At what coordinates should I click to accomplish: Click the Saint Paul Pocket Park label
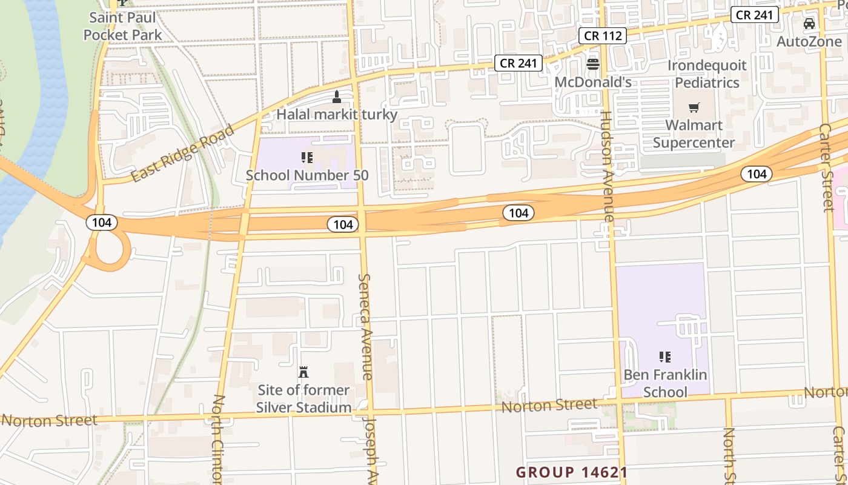(123, 26)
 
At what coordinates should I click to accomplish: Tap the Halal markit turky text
(337, 114)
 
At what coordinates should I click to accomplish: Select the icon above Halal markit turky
(337, 97)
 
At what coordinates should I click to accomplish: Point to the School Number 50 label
(307, 175)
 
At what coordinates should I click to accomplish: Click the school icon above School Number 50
(307, 158)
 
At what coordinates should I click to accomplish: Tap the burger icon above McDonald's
(593, 64)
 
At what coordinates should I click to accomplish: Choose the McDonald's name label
(593, 81)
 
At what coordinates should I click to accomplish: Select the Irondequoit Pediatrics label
(707, 73)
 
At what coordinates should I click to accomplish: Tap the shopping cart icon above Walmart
(694, 108)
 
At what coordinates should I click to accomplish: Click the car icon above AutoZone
(809, 24)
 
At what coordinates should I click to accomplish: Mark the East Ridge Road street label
(182, 154)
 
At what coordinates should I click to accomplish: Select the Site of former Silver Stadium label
(303, 398)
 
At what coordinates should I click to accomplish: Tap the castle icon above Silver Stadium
(303, 372)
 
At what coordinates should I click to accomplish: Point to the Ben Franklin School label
(665, 383)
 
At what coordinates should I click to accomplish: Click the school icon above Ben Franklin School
(665, 357)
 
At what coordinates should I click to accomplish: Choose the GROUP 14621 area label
(571, 472)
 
